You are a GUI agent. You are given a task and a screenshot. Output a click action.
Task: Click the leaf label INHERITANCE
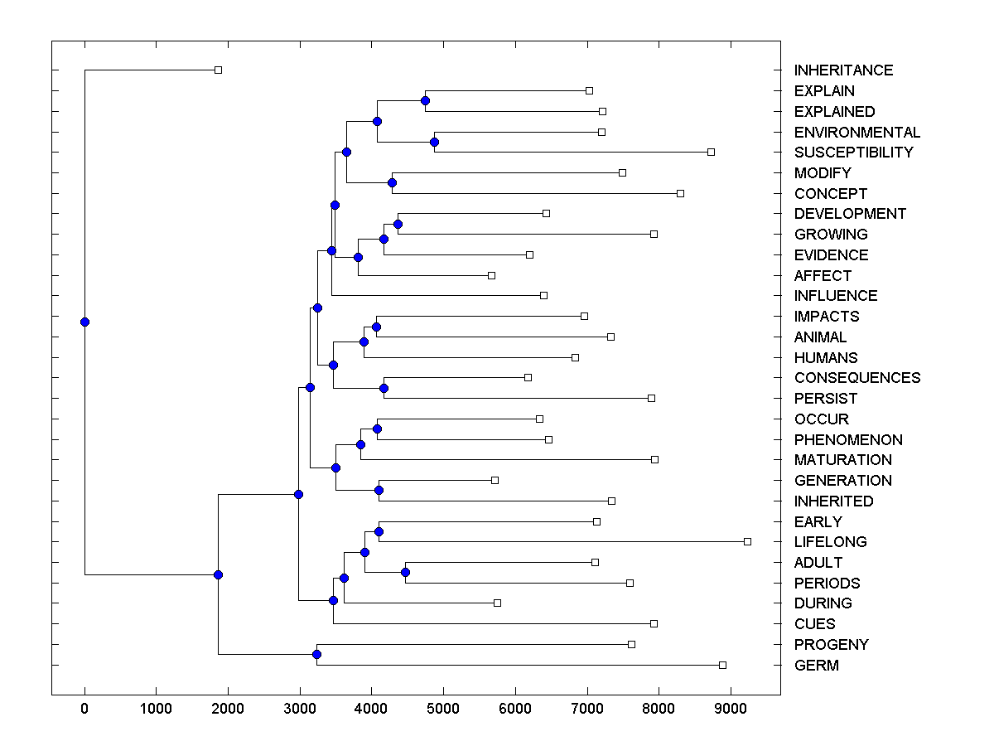(843, 70)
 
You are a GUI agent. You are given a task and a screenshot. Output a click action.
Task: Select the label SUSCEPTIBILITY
(853, 153)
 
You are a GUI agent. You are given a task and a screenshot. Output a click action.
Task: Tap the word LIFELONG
(830, 542)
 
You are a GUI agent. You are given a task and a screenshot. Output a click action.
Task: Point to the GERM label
(816, 666)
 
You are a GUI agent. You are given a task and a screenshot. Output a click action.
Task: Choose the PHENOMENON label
(848, 439)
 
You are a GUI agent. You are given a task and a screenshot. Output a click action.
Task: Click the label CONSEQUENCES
(856, 378)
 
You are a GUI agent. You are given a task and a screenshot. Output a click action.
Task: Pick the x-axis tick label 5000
(443, 709)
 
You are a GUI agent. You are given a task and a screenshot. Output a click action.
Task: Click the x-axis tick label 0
(84, 709)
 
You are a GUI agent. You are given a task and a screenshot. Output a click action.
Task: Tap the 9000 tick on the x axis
(731, 709)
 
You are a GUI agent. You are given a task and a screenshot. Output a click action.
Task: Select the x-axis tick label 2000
(228, 709)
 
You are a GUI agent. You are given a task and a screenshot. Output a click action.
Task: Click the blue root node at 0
(84, 322)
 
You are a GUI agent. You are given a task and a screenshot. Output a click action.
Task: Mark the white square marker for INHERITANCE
(218, 70)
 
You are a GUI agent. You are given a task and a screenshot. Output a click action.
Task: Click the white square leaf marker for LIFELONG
(747, 541)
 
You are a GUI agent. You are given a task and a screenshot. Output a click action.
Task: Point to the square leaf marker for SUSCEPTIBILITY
(711, 153)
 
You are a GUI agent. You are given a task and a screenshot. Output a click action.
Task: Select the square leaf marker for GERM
(722, 665)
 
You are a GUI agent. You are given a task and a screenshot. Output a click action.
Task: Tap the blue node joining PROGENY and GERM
(316, 655)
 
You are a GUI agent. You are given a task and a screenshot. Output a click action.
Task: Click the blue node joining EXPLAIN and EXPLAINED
(425, 101)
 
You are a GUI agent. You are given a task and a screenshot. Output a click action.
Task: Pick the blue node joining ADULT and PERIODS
(405, 573)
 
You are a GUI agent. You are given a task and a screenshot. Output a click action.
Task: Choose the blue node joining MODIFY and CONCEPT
(392, 183)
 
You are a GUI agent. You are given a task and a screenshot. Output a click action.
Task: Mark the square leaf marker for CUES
(654, 623)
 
